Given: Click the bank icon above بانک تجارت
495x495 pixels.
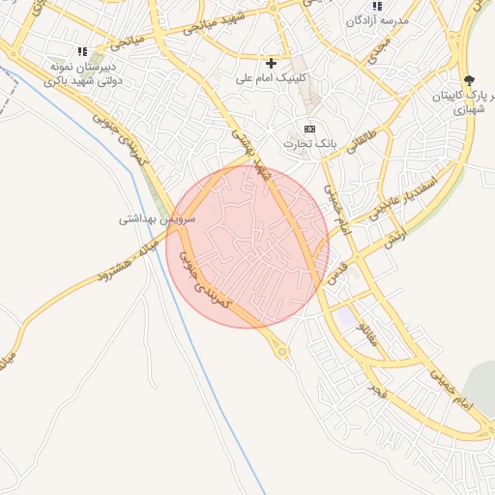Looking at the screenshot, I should point(309,129).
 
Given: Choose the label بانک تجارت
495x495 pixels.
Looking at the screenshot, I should point(309,143).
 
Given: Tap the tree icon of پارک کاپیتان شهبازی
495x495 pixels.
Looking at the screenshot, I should point(470,81).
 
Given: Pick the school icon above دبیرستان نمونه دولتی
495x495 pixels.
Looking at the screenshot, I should point(83,51).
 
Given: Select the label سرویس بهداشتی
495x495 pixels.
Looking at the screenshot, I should point(157,219).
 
